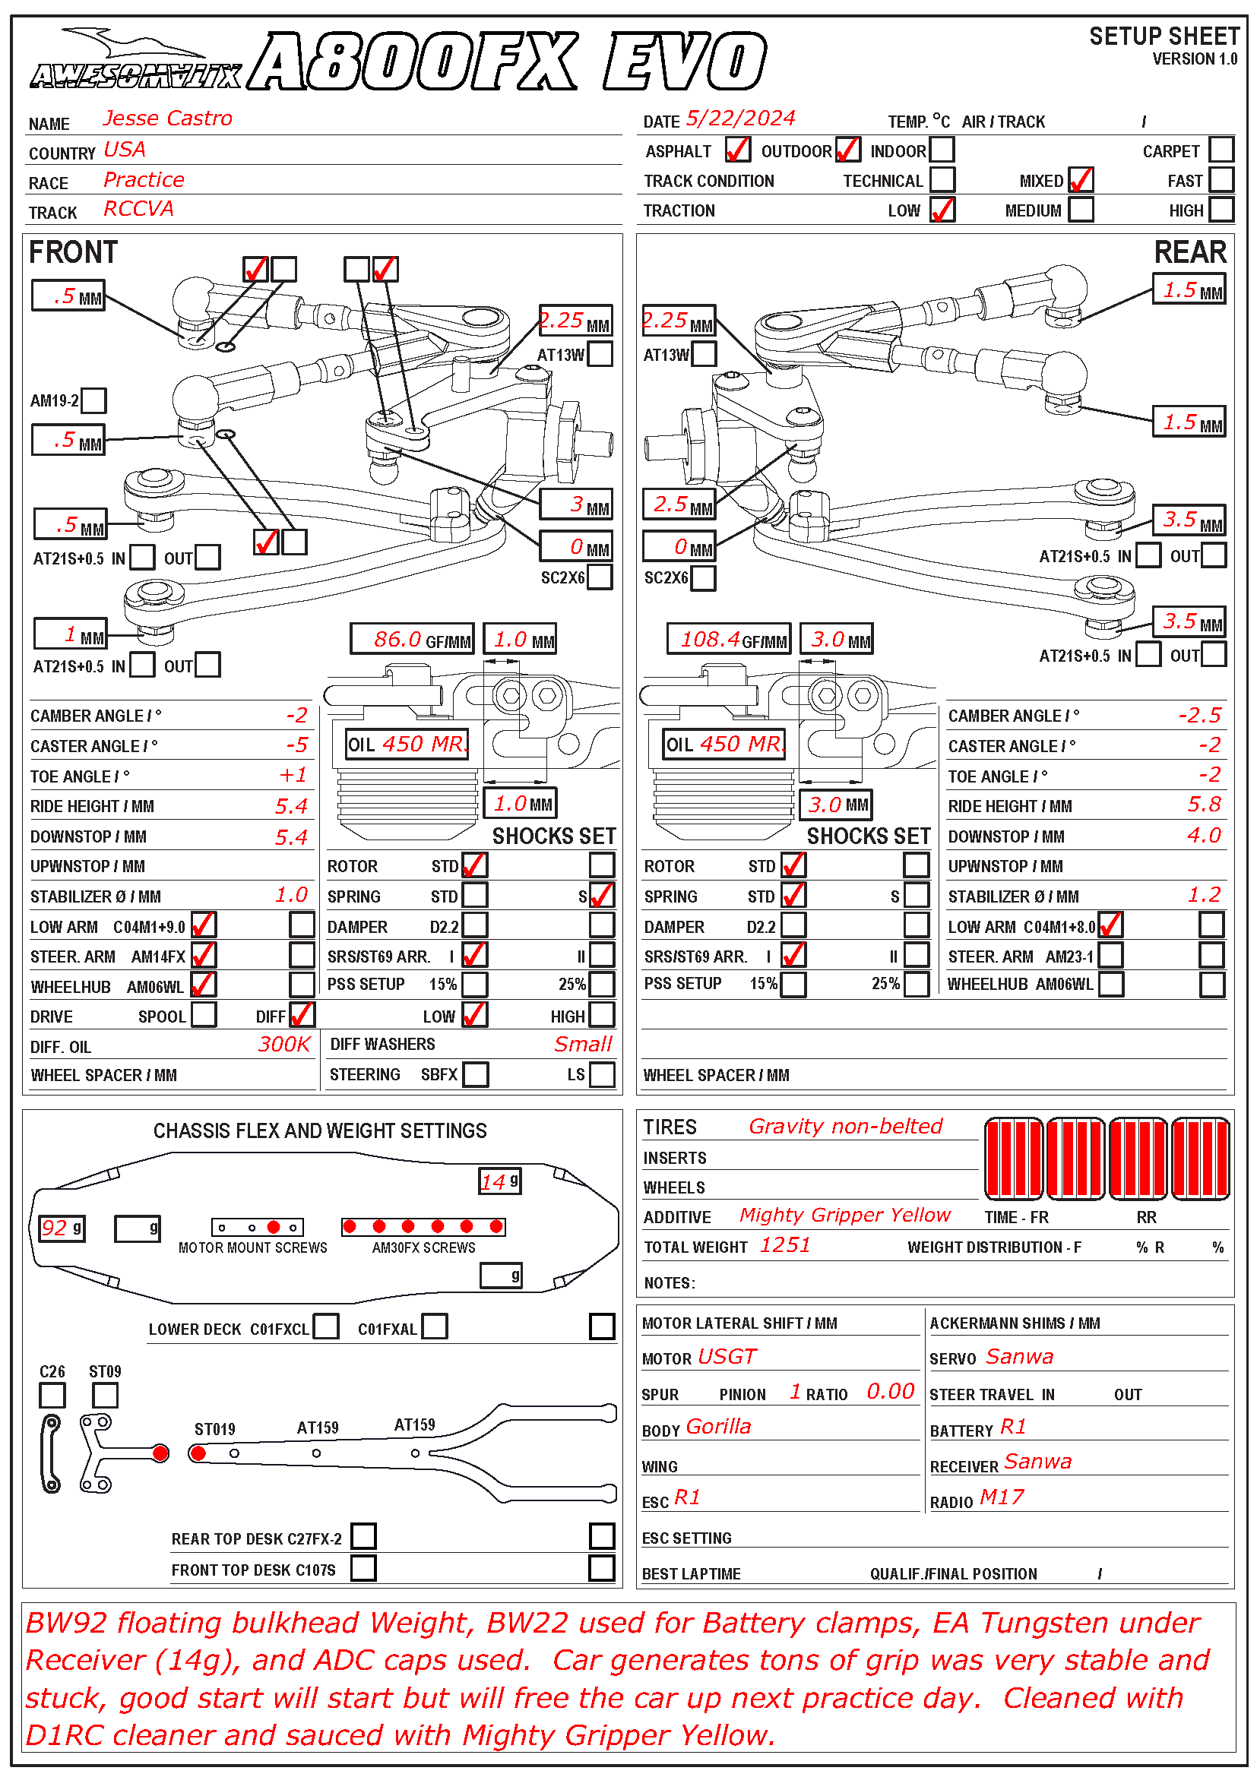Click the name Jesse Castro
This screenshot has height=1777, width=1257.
pos(167,119)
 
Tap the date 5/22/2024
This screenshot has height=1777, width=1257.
pos(740,119)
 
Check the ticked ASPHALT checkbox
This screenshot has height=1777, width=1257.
pos(737,150)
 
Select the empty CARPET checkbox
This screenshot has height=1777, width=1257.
pos(1221,150)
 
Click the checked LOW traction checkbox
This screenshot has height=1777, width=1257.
pos(942,210)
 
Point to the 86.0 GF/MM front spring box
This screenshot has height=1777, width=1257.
pos(412,639)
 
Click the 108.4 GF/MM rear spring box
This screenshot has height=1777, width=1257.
pos(728,639)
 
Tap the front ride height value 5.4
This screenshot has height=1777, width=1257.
pos(292,807)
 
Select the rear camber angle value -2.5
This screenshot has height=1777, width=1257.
pos(1199,715)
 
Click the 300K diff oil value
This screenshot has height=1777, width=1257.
pos(284,1045)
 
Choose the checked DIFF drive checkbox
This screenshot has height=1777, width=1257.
pos(301,1015)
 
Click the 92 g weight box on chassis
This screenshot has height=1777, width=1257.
pos(61,1228)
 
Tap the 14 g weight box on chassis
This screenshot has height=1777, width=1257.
pos(499,1182)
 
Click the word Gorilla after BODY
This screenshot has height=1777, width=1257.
pos(718,1427)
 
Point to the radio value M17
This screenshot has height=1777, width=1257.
pos(1002,1497)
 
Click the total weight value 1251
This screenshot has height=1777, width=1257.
pos(785,1245)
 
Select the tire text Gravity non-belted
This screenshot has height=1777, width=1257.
pos(845,1127)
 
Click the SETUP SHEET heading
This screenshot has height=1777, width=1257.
pos(1164,36)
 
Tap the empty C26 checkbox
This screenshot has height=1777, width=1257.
pos(52,1396)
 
